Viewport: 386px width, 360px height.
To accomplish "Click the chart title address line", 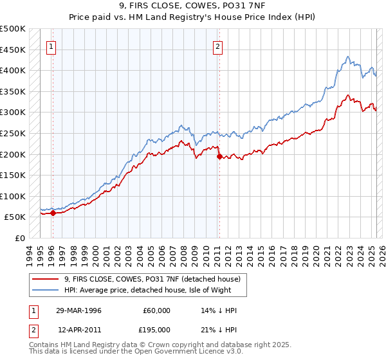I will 192,7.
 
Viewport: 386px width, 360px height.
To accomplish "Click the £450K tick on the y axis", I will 13,50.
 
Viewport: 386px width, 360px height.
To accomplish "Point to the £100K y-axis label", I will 13,196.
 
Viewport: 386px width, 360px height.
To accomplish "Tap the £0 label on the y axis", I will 19,238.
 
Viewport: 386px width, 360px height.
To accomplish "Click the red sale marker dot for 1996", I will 53,213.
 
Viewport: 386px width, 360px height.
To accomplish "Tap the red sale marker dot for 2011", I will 219,156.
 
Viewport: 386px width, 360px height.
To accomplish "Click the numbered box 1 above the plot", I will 51,46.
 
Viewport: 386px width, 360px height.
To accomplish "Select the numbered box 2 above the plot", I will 218,46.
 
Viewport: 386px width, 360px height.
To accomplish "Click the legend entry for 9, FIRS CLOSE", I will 152,279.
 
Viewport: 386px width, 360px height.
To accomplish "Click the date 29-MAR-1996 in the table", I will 78,310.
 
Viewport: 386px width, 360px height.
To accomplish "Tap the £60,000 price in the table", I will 157,310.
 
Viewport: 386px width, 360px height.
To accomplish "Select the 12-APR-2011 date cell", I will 78,329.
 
